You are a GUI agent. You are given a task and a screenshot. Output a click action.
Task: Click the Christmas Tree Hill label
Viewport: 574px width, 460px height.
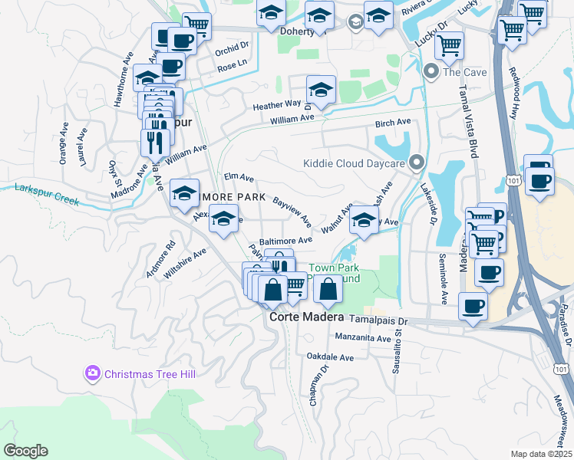(150, 373)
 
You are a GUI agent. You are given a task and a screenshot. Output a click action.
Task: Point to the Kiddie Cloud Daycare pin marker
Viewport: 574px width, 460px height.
(417, 163)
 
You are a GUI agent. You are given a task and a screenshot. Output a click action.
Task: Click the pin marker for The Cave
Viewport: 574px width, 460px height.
(430, 73)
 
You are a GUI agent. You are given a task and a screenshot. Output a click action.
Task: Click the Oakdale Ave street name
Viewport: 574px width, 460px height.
(330, 357)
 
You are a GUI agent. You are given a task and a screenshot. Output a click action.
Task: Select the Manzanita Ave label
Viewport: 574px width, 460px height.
(363, 337)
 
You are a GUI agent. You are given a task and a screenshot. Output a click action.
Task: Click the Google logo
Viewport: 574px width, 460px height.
(25, 450)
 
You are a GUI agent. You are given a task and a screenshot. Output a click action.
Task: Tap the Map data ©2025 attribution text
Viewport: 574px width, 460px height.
(540, 454)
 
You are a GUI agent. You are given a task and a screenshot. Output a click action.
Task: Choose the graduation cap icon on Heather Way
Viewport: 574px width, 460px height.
(322, 89)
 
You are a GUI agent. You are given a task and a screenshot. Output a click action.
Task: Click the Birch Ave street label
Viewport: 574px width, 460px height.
(393, 123)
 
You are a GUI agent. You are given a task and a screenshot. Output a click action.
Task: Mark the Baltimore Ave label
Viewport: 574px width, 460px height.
(285, 240)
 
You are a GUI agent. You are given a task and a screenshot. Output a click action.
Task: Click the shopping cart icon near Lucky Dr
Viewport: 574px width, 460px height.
(449, 44)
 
